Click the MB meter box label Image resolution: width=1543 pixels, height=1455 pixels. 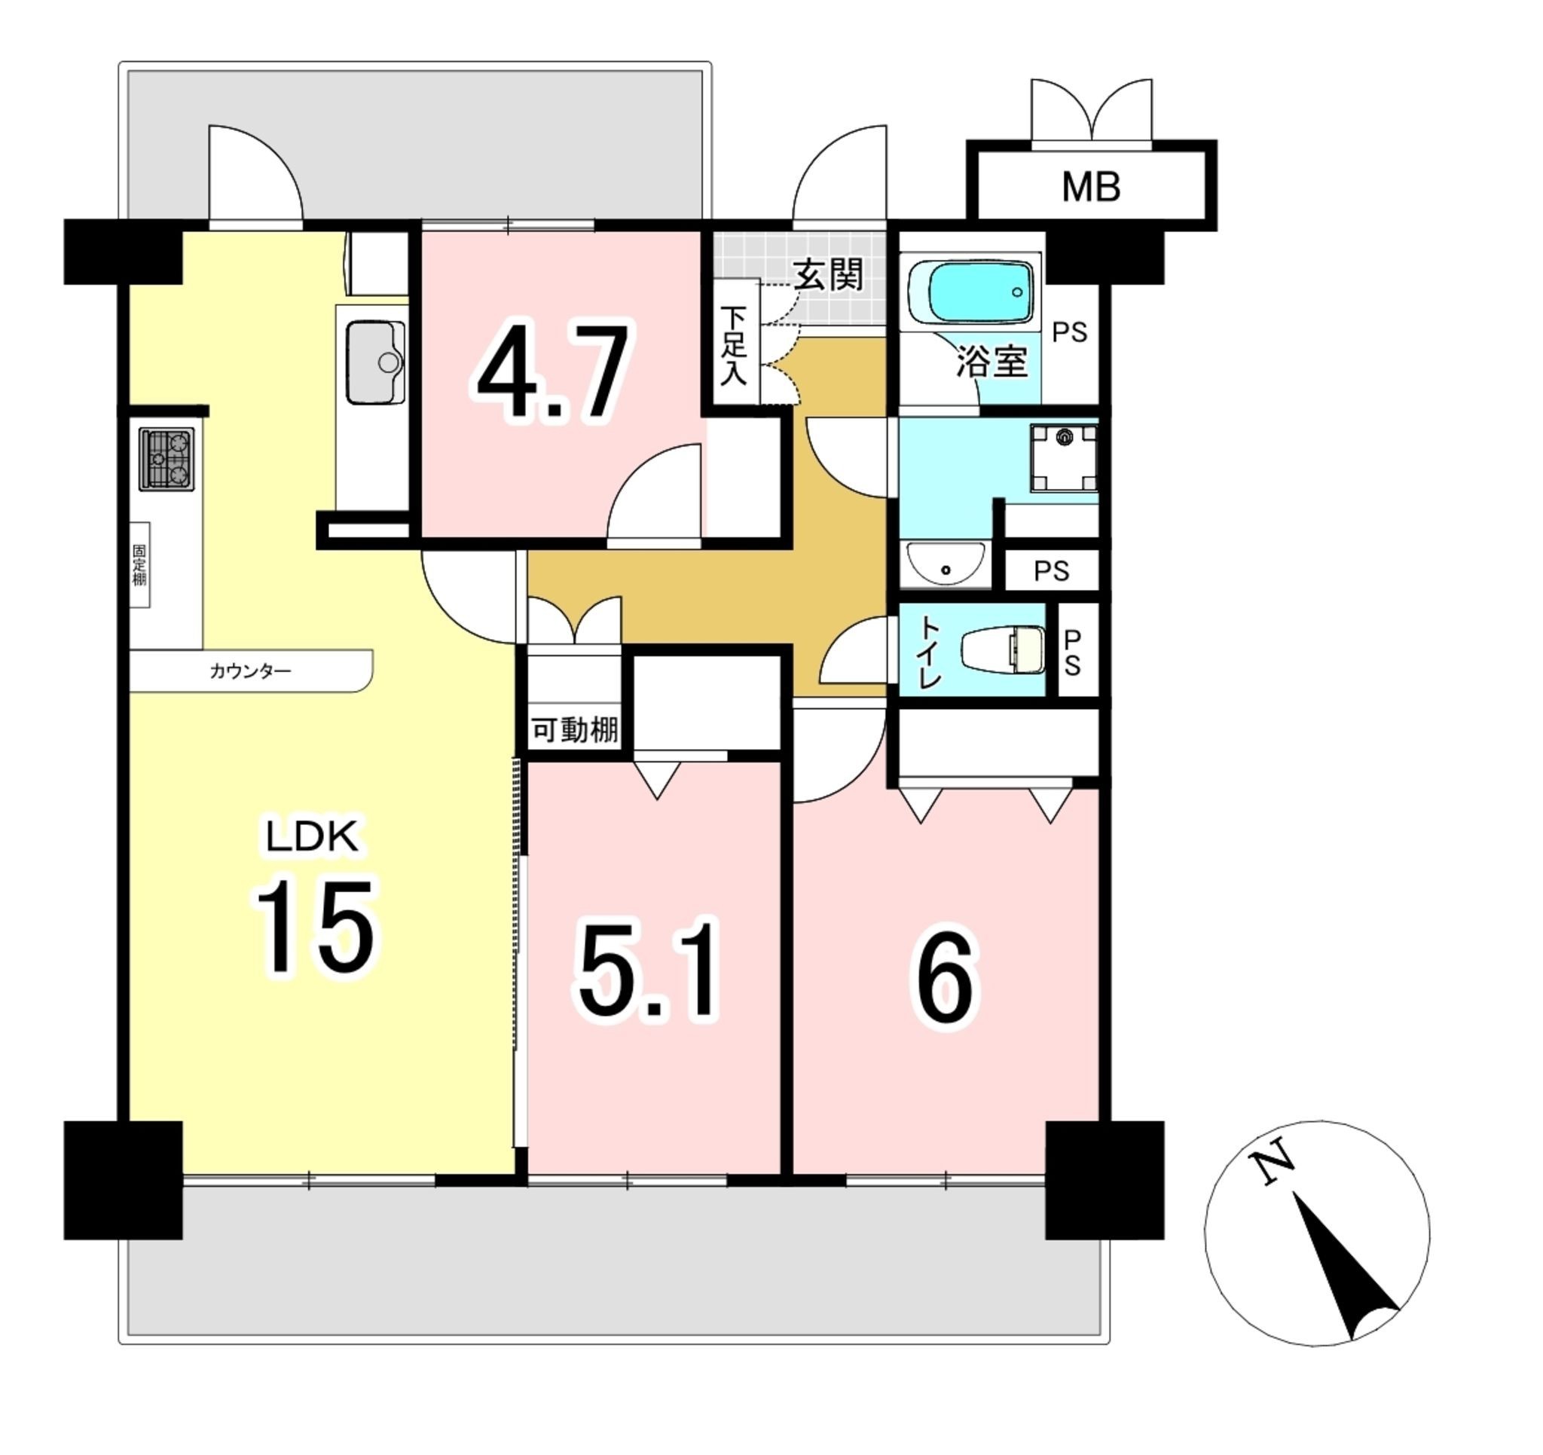pos(1090,187)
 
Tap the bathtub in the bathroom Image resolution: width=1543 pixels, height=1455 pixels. pos(973,292)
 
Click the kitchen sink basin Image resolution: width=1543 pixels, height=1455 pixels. pos(376,362)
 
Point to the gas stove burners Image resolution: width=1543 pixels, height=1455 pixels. pos(167,460)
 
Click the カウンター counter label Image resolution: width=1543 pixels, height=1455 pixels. pos(251,671)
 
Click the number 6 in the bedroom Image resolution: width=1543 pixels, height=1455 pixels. pos(946,978)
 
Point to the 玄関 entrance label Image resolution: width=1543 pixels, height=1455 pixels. pos(827,275)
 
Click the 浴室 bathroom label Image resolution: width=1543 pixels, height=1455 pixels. pos(991,362)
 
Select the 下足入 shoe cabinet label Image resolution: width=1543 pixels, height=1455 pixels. pos(734,346)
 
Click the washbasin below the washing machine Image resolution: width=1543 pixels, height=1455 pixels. pos(946,564)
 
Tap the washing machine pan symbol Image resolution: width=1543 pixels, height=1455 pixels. pos(1064,458)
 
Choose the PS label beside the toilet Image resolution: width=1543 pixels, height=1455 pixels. pos(1072,653)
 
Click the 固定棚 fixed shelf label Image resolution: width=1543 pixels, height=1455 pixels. pos(139,564)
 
